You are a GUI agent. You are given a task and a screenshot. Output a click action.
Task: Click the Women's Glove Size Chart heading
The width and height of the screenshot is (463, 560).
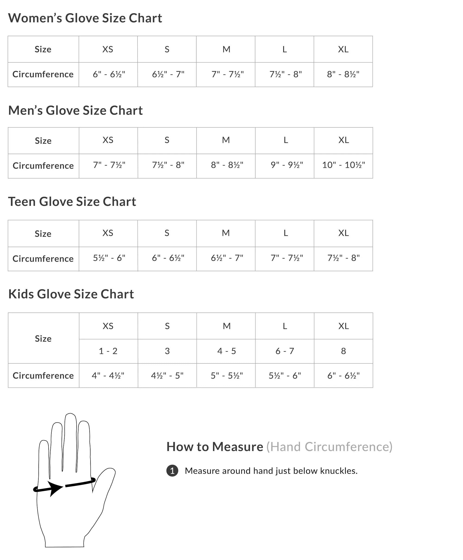pos(85,18)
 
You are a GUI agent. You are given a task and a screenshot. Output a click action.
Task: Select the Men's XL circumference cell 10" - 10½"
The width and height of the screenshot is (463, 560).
pos(343,165)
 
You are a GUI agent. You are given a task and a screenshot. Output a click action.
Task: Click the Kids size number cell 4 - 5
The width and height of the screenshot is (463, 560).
pos(226,351)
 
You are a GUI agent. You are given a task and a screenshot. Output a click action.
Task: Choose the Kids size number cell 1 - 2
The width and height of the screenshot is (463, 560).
pos(108,351)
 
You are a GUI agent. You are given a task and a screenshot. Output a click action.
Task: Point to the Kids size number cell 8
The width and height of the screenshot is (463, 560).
pos(343,351)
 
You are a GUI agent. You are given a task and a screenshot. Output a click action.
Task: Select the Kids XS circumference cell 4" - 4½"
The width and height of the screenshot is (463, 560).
pos(108,375)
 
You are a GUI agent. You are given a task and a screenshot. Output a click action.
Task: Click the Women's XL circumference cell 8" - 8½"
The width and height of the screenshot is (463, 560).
pos(343,74)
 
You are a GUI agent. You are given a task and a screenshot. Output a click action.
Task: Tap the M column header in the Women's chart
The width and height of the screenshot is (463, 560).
pos(226,49)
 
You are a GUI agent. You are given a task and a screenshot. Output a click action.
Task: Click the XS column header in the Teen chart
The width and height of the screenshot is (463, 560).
pos(108,233)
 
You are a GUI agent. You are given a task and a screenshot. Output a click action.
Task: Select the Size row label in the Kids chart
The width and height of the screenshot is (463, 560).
pos(43,338)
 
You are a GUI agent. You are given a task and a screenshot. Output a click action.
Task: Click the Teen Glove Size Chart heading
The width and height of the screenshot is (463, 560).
pos(72,202)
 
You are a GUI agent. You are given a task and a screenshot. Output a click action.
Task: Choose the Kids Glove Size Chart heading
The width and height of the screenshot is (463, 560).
pos(71,294)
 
